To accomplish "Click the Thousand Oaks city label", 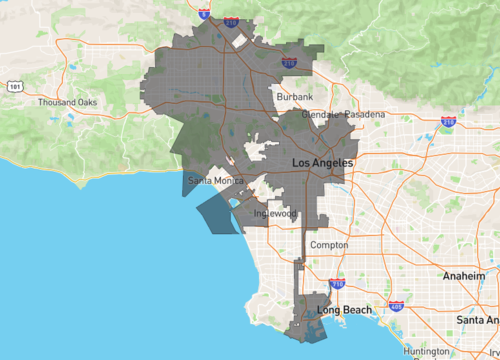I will [66, 103].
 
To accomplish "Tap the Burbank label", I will [295, 97].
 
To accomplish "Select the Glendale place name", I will [318, 115].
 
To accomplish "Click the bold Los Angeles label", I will [321, 162].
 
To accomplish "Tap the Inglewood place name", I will [276, 214].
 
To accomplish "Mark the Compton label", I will [329, 245].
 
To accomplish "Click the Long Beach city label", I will [345, 310].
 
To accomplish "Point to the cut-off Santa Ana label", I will [477, 319].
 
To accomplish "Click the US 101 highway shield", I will [14, 87].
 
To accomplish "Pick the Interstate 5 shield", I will [203, 14].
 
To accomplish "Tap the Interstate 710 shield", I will [337, 284].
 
